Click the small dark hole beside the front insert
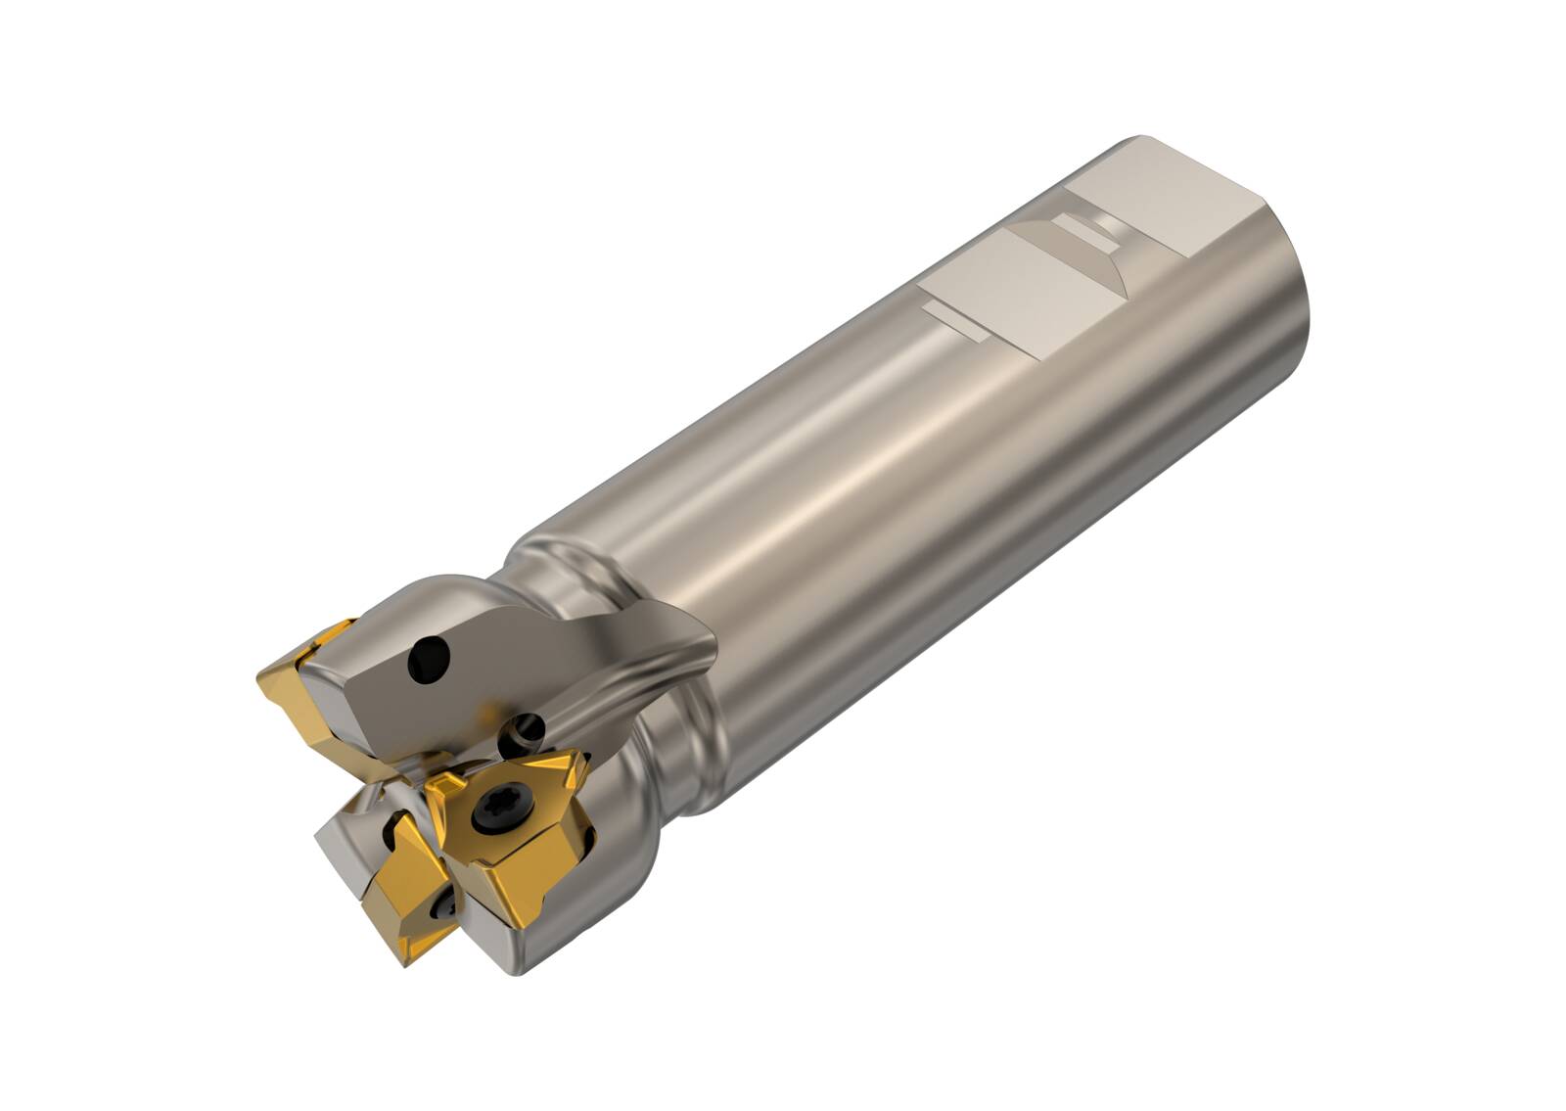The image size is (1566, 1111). click(x=527, y=729)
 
